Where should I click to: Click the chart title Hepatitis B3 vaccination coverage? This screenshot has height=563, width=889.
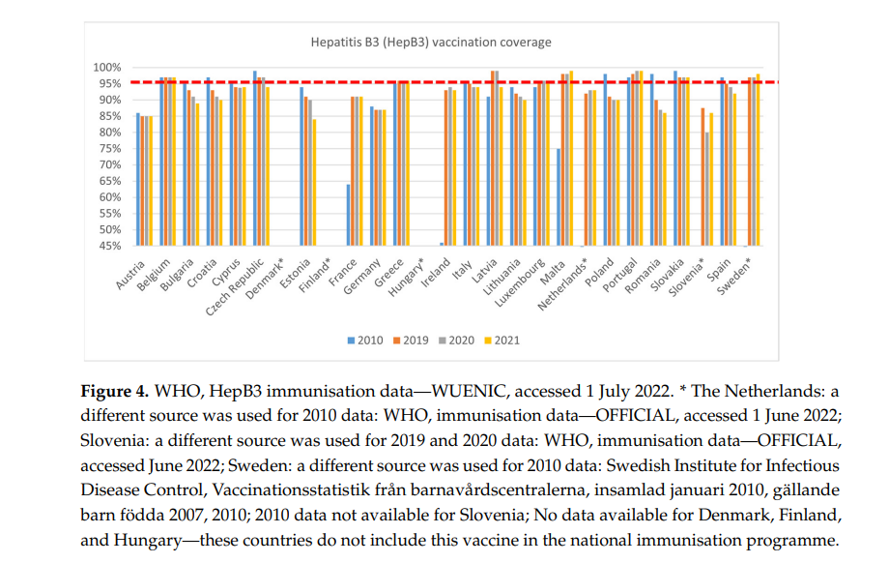431,43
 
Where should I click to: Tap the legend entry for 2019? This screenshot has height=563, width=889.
411,341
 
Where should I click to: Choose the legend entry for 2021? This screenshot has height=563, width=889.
503,341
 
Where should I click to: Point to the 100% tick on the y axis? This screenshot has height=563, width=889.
107,68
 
